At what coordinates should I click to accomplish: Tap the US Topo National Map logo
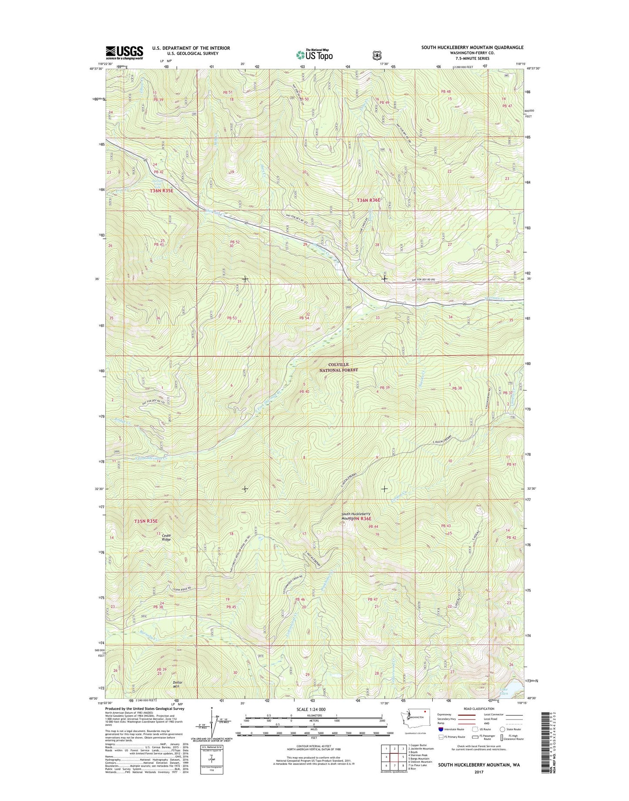point(314,54)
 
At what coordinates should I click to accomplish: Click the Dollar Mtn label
point(177,684)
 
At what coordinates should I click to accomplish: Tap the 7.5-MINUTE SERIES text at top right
point(472,58)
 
